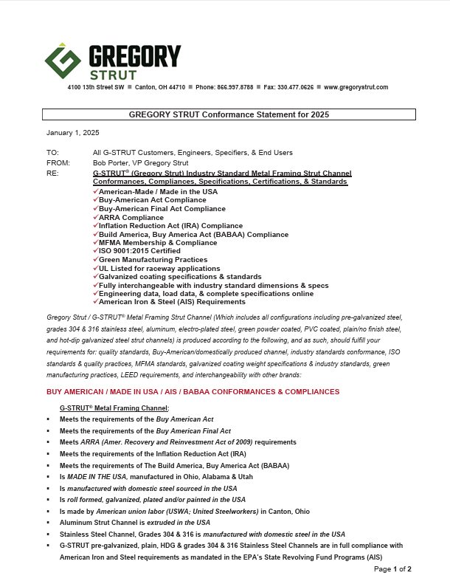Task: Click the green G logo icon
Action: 62,63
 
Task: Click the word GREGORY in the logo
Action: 134,57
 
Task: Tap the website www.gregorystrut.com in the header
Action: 356,87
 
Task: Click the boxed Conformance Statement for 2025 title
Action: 229,114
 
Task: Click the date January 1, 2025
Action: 72,133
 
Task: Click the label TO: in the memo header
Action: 52,152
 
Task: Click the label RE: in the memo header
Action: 52,173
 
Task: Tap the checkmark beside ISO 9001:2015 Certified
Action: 96,252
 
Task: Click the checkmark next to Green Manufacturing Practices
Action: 96,260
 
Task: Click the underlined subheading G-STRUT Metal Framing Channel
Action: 114,408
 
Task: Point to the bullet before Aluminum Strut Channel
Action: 48,522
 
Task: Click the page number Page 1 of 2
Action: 392,569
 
